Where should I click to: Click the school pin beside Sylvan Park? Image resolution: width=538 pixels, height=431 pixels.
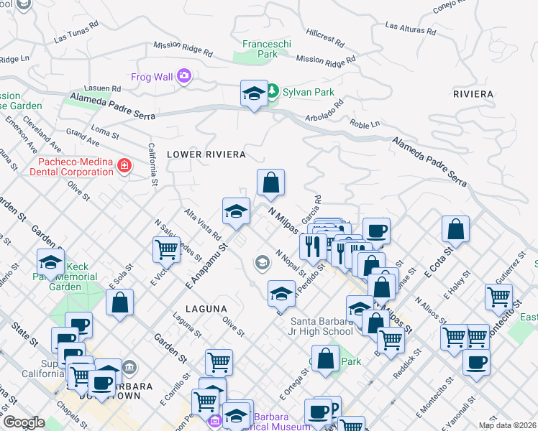click(x=254, y=93)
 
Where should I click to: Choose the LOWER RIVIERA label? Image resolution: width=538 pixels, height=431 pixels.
click(x=206, y=154)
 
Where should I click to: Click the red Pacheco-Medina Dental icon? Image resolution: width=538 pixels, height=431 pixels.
click(x=124, y=167)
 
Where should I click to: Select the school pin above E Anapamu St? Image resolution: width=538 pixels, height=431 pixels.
click(x=236, y=212)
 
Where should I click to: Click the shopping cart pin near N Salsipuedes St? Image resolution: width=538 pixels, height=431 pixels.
click(x=166, y=250)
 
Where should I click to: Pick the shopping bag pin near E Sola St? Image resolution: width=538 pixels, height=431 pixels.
click(x=120, y=302)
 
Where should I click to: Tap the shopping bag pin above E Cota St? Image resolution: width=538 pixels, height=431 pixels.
click(x=456, y=230)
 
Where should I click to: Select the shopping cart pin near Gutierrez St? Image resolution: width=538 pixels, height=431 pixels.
click(x=498, y=296)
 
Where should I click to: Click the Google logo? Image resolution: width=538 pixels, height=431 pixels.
click(x=24, y=422)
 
